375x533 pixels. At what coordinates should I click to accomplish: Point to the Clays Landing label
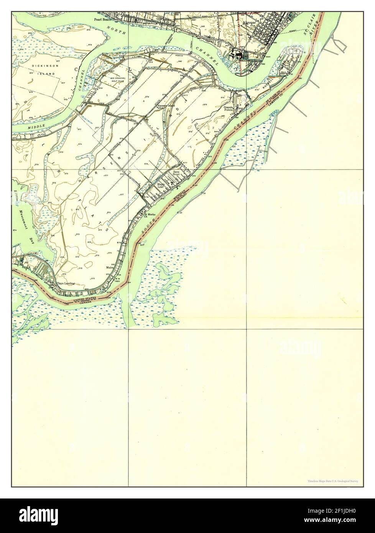[x=65, y=284]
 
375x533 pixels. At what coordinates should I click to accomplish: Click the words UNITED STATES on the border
[x=86, y=298]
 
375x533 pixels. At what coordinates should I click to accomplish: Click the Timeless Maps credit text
[x=332, y=481]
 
